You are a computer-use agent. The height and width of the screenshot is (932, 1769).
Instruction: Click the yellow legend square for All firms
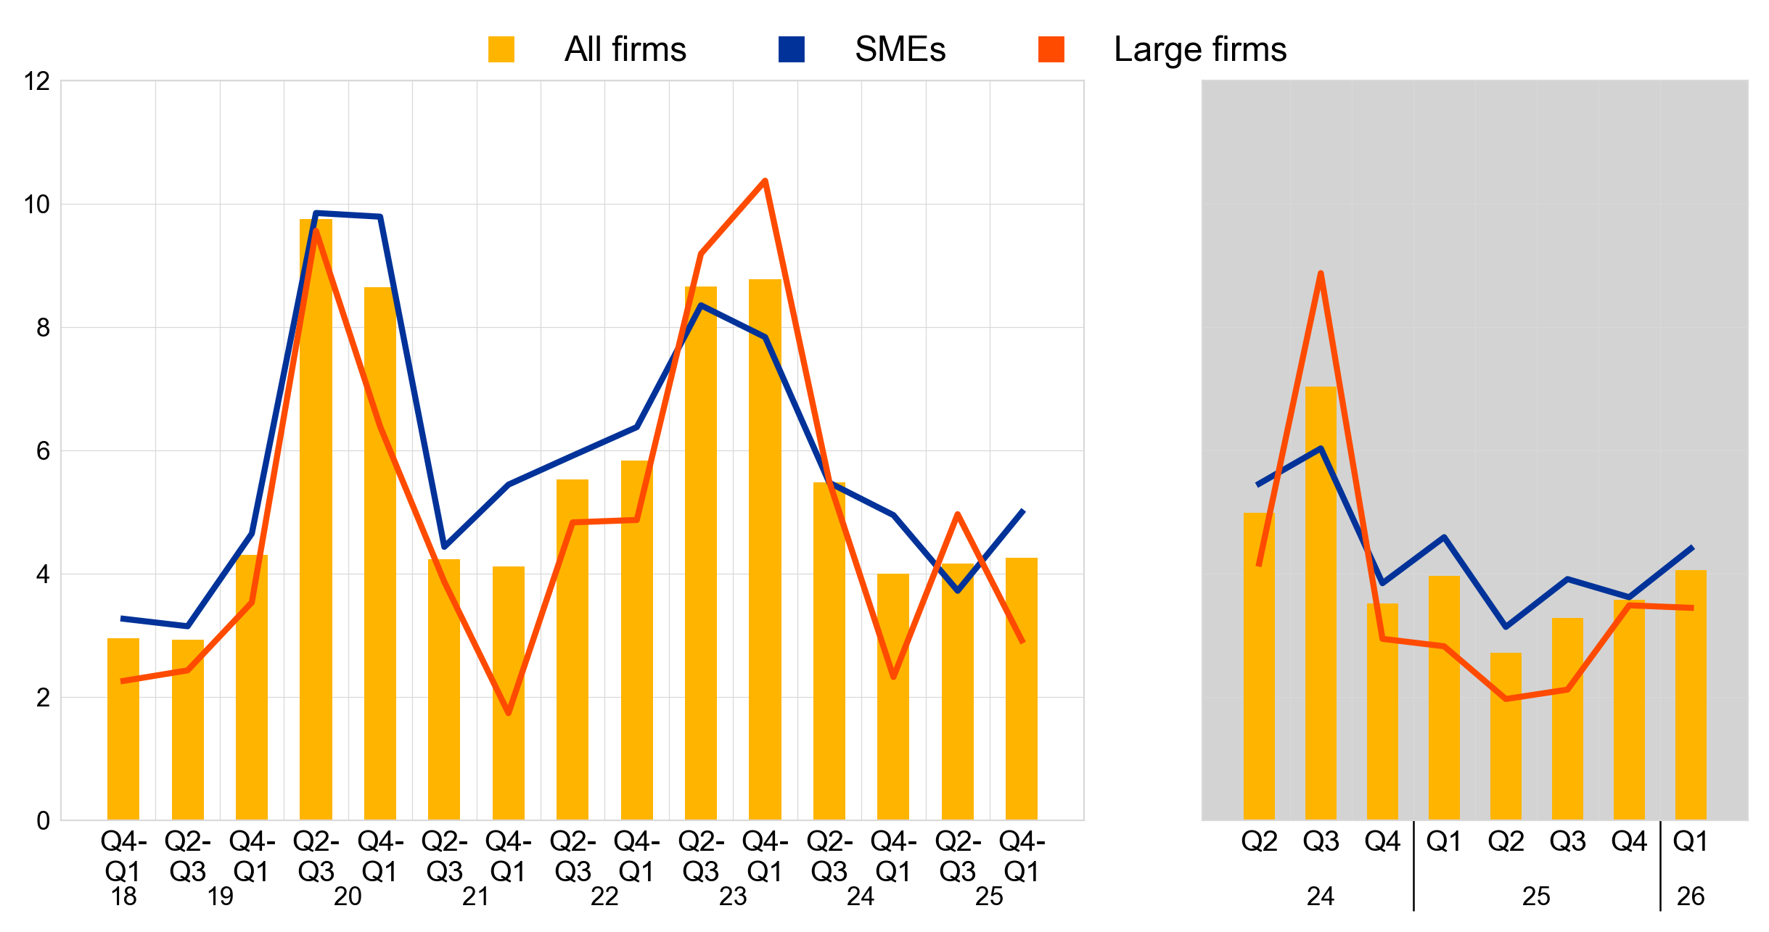(501, 49)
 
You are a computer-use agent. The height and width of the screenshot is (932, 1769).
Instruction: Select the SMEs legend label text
(900, 49)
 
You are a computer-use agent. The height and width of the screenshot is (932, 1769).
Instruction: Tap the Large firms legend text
(1199, 49)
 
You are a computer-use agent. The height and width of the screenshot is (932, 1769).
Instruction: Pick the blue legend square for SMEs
(791, 49)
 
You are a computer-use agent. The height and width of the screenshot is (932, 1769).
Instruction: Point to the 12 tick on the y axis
(37, 81)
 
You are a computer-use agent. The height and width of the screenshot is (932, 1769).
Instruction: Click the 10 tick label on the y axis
(37, 205)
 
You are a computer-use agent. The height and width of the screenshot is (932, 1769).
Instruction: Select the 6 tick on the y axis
(43, 451)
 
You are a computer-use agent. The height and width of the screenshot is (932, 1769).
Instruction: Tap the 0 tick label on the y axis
(43, 821)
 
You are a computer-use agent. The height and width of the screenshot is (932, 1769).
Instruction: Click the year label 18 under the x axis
(123, 897)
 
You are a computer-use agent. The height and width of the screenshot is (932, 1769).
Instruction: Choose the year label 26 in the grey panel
(1690, 897)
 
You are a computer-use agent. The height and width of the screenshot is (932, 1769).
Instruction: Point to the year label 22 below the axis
(604, 897)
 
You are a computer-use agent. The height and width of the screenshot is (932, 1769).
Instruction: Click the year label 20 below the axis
(348, 897)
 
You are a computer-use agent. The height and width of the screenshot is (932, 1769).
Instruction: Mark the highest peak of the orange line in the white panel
(765, 181)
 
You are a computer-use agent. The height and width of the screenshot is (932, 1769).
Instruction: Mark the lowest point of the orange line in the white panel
(509, 714)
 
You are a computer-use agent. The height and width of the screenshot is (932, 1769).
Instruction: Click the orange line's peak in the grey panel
(1321, 273)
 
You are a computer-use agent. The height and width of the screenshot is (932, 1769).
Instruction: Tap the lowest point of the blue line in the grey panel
(1506, 627)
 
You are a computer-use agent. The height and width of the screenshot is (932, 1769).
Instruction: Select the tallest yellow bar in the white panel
(316, 508)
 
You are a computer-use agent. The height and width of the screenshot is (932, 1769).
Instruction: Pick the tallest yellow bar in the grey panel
(1321, 602)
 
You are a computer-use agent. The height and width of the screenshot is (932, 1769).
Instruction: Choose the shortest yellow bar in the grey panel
(1506, 736)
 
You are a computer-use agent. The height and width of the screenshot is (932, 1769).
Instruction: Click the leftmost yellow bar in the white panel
(123, 729)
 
